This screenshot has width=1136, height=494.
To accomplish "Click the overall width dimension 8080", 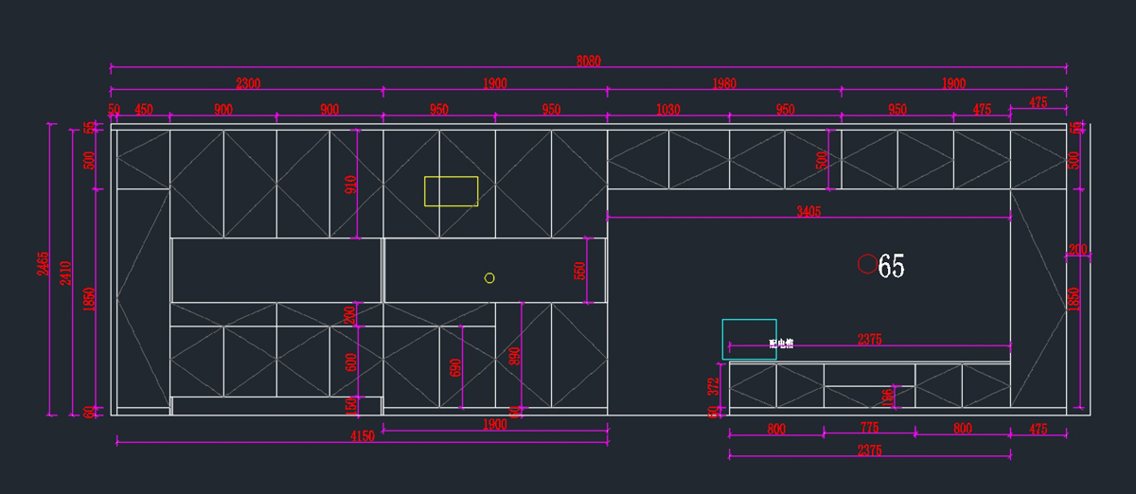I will point(588,62).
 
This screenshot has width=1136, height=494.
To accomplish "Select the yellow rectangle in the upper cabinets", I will point(451,191).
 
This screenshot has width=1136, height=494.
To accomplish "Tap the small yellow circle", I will point(489,277).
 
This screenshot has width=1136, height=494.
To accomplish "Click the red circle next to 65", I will point(866,265).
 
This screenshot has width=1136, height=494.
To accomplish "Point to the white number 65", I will point(892,267).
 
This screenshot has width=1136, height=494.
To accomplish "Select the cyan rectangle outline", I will point(749,339).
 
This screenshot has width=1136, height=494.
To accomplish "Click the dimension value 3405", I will point(808,212).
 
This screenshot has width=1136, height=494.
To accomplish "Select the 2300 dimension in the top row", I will point(248,84).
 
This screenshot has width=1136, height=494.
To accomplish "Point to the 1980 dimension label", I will point(723,84).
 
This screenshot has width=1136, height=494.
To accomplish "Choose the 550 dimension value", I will point(580,271).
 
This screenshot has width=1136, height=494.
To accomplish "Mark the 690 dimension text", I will point(455,367).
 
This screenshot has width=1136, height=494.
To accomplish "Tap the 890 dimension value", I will point(515,355).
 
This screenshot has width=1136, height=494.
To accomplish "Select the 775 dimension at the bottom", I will point(869,429).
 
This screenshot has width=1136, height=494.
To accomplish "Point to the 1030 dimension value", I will point(667,110).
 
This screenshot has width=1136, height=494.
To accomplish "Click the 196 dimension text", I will point(887,396).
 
